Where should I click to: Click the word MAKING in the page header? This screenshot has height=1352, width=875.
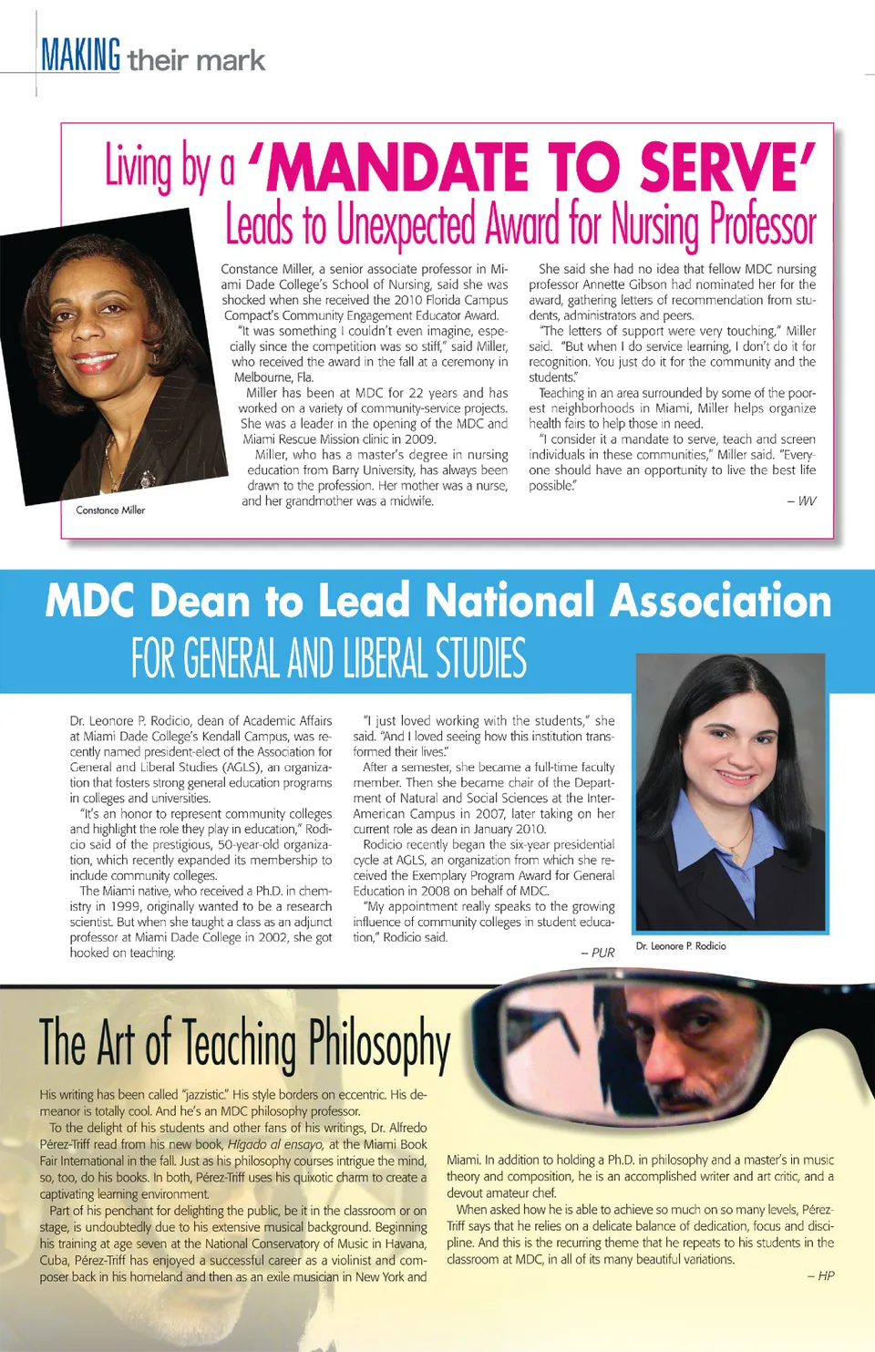(80, 56)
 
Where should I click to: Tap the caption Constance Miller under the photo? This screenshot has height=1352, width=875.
(110, 511)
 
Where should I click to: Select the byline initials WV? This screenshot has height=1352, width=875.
(807, 501)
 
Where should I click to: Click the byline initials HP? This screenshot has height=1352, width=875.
(826, 1276)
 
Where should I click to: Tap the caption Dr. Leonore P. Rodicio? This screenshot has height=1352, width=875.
(681, 946)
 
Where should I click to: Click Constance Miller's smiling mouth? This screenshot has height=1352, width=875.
(95, 362)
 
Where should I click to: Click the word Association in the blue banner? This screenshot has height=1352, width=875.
(720, 602)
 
